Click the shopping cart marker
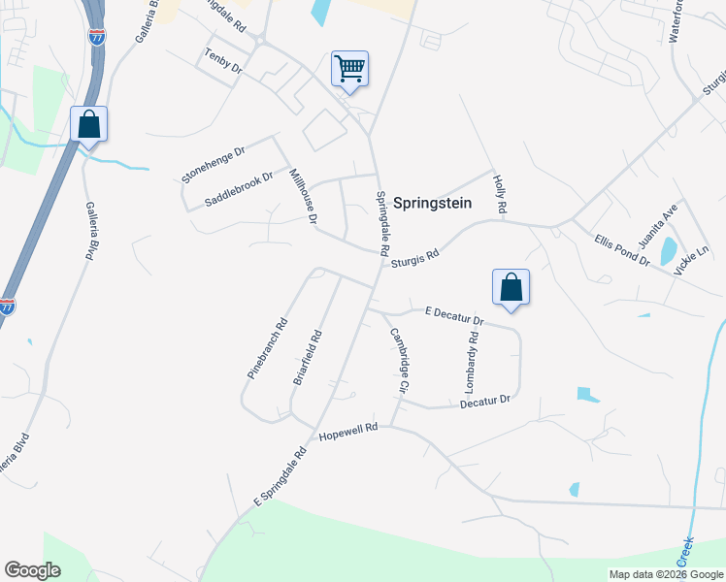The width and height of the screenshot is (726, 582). [349, 69]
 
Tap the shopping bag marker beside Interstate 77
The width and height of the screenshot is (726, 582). [88, 124]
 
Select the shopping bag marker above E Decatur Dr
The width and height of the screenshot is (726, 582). [511, 287]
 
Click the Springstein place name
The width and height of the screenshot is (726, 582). [432, 203]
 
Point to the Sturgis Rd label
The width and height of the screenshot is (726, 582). [415, 257]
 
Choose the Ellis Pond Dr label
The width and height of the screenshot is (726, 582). [622, 247]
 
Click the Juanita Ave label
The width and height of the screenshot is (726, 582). [669, 225]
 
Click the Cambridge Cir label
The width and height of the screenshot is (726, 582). [398, 360]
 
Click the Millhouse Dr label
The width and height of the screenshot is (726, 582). [304, 197]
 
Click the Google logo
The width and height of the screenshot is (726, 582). [32, 570]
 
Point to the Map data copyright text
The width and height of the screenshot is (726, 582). [664, 574]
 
